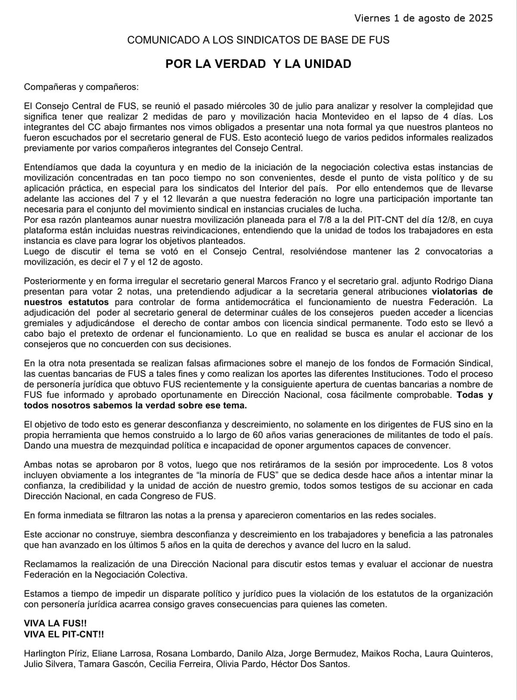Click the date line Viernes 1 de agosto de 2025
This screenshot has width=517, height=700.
click(424, 19)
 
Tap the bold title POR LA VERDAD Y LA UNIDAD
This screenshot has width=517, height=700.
click(258, 64)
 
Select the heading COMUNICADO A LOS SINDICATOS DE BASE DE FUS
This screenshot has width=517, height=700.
click(258, 40)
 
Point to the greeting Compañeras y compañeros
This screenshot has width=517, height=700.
click(81, 86)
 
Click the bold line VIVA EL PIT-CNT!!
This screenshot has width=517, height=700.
click(64, 634)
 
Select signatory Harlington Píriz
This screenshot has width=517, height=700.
click(56, 654)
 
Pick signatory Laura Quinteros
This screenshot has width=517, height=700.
click(458, 654)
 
